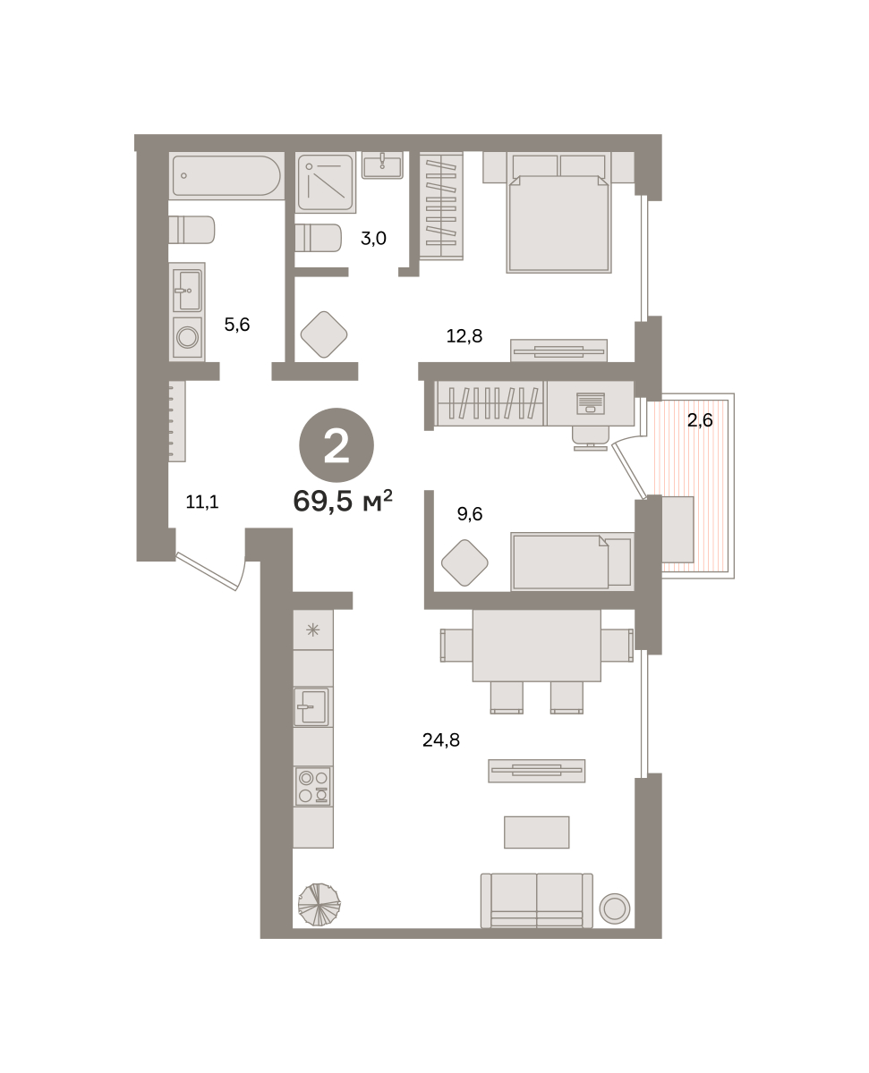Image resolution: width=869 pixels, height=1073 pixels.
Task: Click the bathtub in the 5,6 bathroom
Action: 226,175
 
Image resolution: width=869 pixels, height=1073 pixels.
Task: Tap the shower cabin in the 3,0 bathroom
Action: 326,182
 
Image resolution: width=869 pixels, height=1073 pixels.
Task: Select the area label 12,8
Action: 464,335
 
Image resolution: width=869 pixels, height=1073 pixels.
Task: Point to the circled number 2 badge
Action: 337,444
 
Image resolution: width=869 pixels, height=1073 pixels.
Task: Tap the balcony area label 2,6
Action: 700,419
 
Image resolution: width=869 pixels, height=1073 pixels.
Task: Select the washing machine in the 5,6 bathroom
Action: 187,337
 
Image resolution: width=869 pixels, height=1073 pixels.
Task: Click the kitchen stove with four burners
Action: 313,786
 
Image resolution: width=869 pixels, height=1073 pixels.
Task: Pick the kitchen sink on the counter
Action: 311,706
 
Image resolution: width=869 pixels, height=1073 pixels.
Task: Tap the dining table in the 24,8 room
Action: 536,646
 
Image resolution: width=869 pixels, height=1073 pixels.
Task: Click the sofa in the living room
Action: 536,900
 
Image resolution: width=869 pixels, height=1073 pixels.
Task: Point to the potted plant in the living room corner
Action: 319,904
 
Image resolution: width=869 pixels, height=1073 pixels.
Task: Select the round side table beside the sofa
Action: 615,908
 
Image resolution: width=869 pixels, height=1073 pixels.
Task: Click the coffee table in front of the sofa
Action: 536,832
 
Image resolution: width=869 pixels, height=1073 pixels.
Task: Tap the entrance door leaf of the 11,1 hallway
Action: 206,571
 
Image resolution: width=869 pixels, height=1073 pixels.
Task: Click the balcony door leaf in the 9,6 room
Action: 629,471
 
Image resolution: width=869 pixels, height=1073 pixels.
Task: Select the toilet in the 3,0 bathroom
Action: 318,238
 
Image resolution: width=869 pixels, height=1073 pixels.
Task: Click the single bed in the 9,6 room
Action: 572,562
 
